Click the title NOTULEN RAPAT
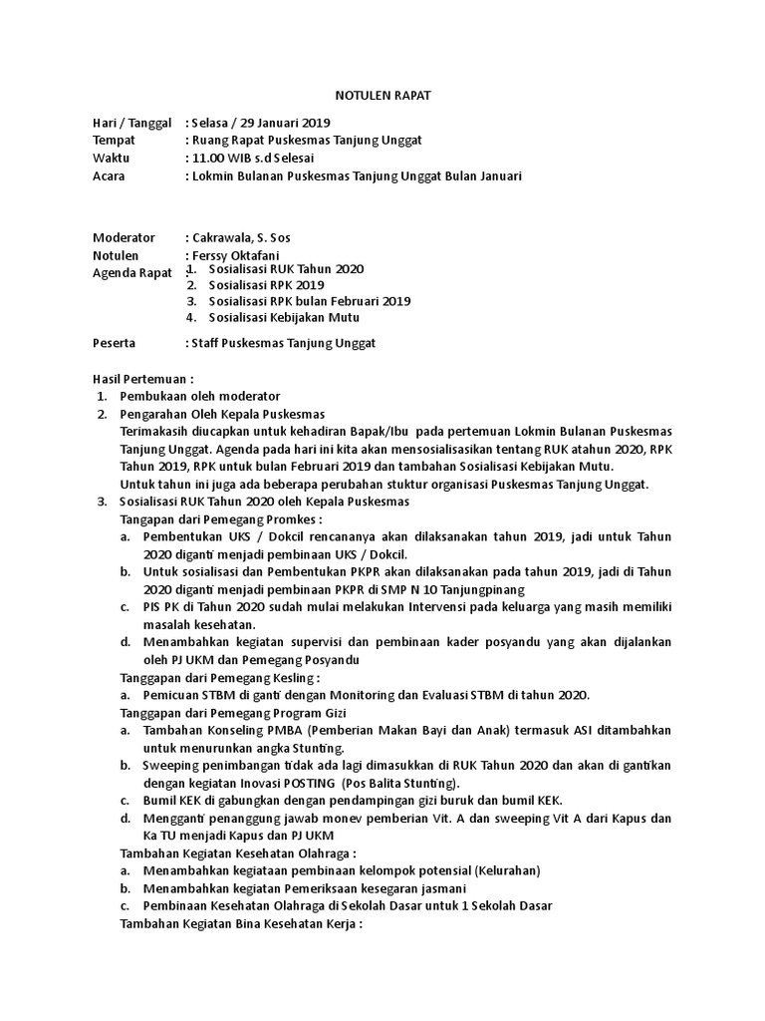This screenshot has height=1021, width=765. tap(382, 95)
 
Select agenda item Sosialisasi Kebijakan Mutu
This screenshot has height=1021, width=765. tap(284, 317)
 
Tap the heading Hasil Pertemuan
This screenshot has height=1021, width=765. tap(142, 379)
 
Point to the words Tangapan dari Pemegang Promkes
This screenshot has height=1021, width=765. tap(221, 519)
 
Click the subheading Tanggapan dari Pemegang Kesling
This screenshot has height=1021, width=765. tap(219, 677)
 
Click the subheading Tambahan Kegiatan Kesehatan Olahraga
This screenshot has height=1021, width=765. tap(238, 853)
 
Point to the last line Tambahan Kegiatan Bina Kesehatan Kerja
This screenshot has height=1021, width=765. tap(240, 923)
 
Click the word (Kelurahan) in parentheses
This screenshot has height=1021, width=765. tap(507, 870)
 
